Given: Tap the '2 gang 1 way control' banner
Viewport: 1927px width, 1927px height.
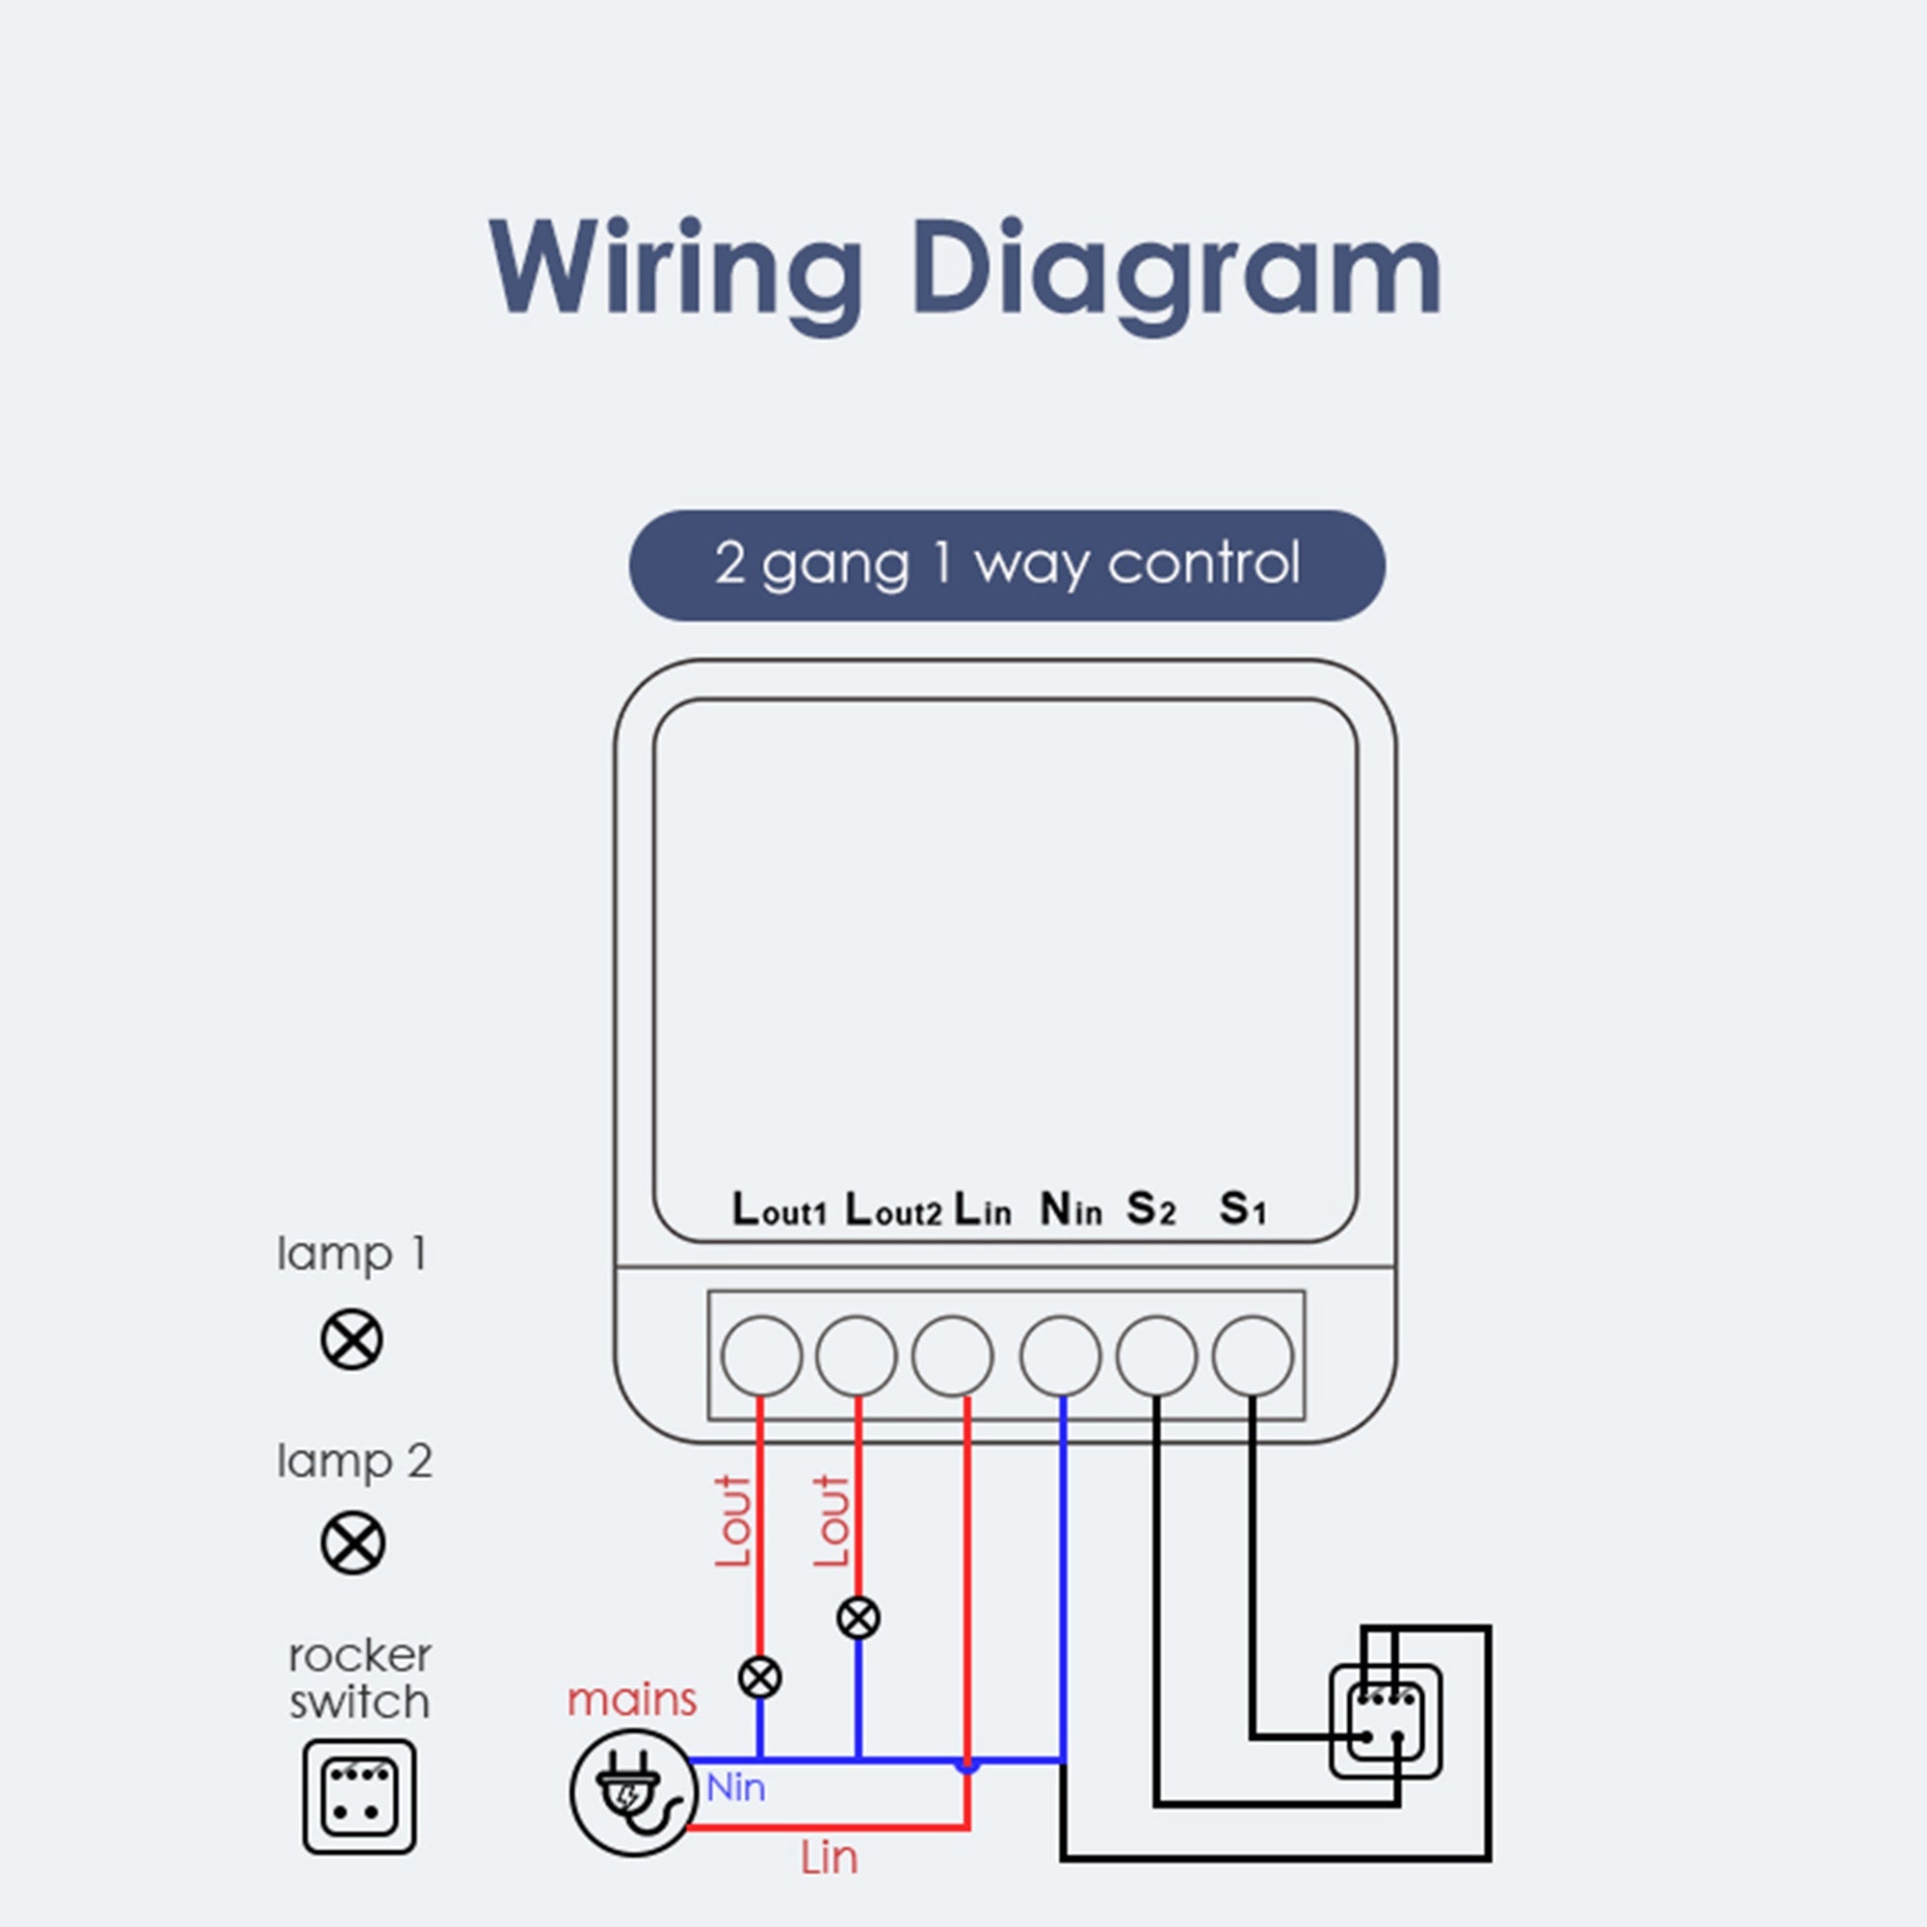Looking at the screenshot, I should coord(1007,566).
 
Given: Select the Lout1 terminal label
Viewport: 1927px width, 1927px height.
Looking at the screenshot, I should coord(779,1210).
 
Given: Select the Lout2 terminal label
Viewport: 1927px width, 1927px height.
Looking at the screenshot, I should coord(893,1210).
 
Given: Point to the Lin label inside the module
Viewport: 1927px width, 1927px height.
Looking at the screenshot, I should coord(983,1210).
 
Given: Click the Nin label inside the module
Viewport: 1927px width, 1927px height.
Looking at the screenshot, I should coord(1070,1210).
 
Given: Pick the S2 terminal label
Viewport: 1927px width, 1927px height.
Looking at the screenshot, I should coord(1151,1210).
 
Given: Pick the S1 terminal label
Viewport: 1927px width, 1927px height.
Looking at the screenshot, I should coord(1243,1210).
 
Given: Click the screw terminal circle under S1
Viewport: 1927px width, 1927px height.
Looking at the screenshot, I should coord(1253,1356).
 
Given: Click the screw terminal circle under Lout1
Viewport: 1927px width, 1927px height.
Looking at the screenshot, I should coord(761,1356).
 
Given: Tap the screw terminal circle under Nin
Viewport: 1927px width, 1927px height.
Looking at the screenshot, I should coord(1060,1356).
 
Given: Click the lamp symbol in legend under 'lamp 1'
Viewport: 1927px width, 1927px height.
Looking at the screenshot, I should coord(352,1339).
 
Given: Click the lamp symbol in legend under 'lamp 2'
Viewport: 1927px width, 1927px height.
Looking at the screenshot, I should coord(353,1543).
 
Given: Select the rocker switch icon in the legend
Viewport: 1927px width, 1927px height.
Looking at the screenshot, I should coord(359,1797).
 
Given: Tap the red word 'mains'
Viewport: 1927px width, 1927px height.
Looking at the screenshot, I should coord(631,1700).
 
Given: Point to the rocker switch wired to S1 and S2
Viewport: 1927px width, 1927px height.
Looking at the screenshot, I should coord(1385,1721).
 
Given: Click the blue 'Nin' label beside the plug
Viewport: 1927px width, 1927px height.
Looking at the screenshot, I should coord(736,1787).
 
